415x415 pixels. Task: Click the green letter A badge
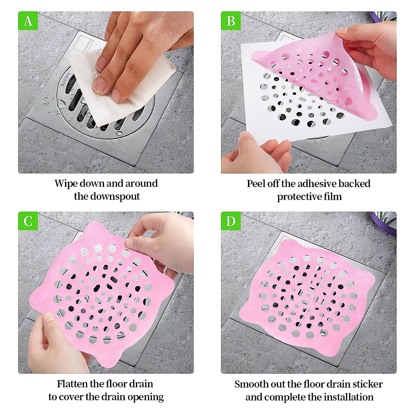click(x=28, y=21)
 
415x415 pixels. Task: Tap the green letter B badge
click(x=231, y=21)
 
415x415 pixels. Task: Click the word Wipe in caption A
click(x=66, y=184)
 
